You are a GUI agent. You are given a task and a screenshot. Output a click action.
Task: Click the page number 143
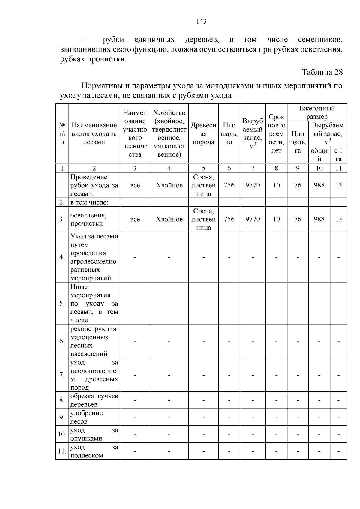click(201, 22)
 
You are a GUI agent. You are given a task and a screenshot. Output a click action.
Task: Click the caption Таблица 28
click(322, 72)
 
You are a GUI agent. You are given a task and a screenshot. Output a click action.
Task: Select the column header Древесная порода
click(203, 134)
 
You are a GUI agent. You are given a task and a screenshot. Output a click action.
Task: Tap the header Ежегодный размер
click(317, 112)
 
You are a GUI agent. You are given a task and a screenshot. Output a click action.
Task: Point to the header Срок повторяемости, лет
click(276, 134)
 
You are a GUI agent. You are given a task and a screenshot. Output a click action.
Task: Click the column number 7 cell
click(253, 168)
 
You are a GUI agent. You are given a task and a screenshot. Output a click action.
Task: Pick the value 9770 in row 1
click(253, 185)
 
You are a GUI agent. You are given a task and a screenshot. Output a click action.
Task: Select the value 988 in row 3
click(319, 219)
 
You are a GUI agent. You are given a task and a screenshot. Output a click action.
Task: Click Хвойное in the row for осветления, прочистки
click(169, 219)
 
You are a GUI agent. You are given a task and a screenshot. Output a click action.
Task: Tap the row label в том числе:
click(89, 202)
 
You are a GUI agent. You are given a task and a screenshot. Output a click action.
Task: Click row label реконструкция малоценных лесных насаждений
click(93, 341)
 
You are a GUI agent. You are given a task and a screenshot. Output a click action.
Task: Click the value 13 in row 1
click(338, 185)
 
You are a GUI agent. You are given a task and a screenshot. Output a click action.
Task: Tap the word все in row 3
click(135, 219)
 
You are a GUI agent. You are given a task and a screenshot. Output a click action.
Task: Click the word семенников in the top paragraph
click(320, 40)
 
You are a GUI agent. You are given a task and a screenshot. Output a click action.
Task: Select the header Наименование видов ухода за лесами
click(94, 134)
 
